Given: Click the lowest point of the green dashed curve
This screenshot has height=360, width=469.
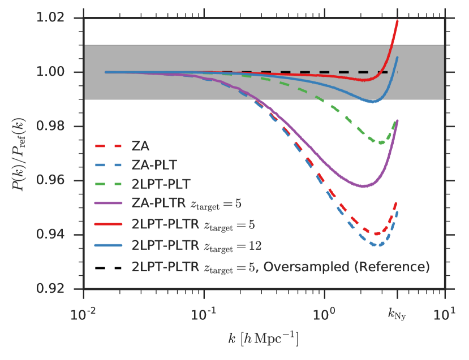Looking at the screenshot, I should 381,143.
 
